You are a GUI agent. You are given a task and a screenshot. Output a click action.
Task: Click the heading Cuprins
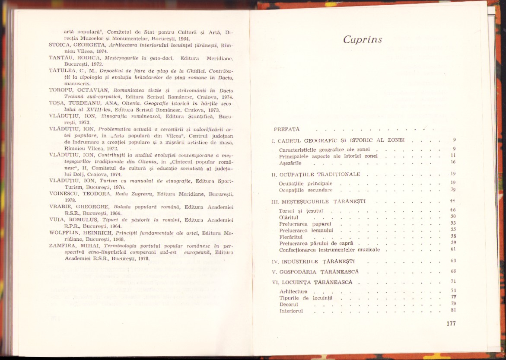(x=363, y=39)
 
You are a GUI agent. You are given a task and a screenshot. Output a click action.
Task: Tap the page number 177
(x=450, y=323)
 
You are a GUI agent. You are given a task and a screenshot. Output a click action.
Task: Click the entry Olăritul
(x=289, y=217)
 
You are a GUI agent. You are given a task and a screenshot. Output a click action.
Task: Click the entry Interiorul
(x=292, y=311)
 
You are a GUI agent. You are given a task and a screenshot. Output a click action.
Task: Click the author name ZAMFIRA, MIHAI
(x=72, y=246)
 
